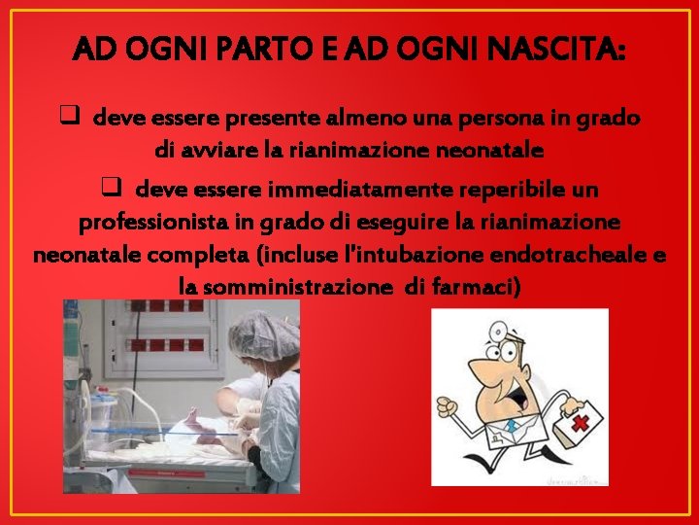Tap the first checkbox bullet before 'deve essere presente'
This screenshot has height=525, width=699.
(x=69, y=118)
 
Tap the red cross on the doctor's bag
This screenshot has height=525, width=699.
(x=581, y=424)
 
